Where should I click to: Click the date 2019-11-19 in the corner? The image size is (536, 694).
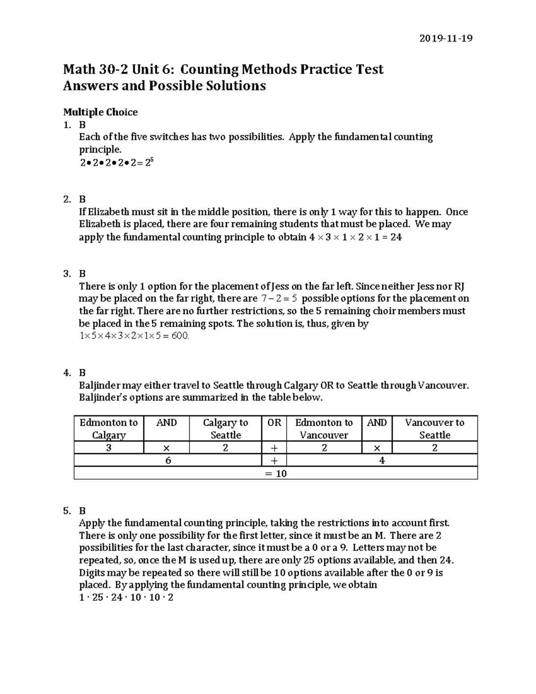pyautogui.click(x=445, y=38)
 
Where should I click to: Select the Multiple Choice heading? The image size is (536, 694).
pyautogui.click(x=100, y=112)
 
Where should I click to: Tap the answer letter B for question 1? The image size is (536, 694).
pyautogui.click(x=82, y=125)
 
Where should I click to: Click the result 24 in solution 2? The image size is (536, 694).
pyautogui.click(x=396, y=237)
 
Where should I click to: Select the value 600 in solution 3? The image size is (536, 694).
pyautogui.click(x=180, y=336)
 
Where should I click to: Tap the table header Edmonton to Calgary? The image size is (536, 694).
pyautogui.click(x=109, y=429)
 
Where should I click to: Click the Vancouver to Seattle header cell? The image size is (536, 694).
pyautogui.click(x=434, y=429)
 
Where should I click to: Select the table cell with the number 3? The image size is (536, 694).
pyautogui.click(x=109, y=448)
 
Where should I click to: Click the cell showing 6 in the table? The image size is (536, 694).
pyautogui.click(x=168, y=460)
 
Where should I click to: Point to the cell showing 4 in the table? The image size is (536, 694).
pyautogui.click(x=381, y=460)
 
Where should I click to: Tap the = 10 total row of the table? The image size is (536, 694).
pyautogui.click(x=276, y=473)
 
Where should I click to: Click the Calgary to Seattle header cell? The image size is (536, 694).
pyautogui.click(x=225, y=429)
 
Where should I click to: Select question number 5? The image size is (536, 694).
pyautogui.click(x=67, y=510)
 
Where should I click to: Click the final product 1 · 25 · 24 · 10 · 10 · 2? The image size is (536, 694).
pyautogui.click(x=126, y=597)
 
